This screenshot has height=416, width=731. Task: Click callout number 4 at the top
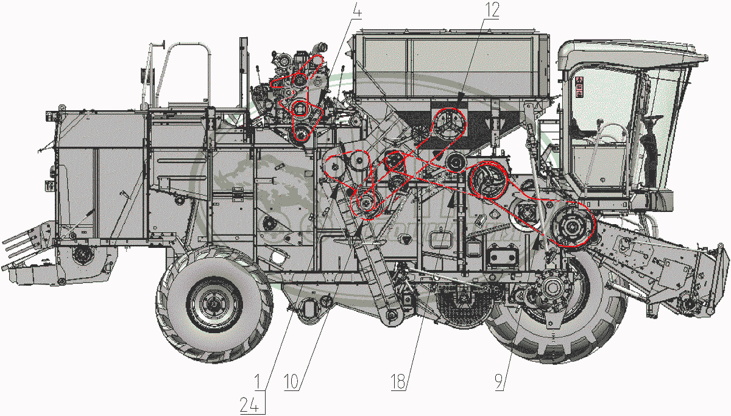point(358,11)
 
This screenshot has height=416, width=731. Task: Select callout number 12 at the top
point(492,10)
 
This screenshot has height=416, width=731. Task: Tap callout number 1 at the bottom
point(258,382)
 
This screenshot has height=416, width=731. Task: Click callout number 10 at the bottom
point(291,382)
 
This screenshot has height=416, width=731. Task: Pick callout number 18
point(398,382)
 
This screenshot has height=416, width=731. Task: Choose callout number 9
point(499,382)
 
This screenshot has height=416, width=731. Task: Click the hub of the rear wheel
point(214,305)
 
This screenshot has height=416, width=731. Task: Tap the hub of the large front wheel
point(552,287)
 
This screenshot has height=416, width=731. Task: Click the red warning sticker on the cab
point(579,86)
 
